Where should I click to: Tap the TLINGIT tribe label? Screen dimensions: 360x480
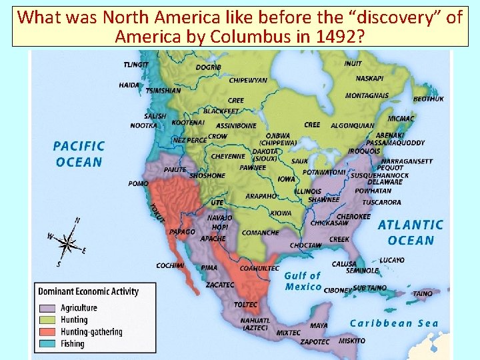[136, 65]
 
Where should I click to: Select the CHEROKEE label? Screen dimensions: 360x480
[353, 217]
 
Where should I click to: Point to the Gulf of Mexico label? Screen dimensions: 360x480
[303, 281]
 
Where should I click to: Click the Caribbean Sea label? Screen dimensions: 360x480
[394, 323]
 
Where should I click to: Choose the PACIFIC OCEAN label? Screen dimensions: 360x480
[79, 153]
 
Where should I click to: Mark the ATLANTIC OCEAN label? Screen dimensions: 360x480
[410, 233]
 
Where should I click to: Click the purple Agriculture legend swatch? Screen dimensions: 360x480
[48, 308]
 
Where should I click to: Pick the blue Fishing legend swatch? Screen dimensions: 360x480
[48, 344]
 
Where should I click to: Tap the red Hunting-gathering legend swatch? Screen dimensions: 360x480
[48, 332]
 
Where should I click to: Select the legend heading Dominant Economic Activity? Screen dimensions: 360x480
[88, 291]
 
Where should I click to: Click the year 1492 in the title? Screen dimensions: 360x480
[338, 35]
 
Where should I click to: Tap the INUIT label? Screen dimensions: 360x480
[353, 64]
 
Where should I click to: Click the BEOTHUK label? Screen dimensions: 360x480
[428, 99]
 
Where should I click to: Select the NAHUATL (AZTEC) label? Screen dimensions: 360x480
[255, 324]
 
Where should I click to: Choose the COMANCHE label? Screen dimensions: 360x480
[260, 233]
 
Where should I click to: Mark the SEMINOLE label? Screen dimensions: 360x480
[362, 271]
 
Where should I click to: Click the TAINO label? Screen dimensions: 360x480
[423, 293]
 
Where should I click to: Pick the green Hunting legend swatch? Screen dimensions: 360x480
[48, 320]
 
